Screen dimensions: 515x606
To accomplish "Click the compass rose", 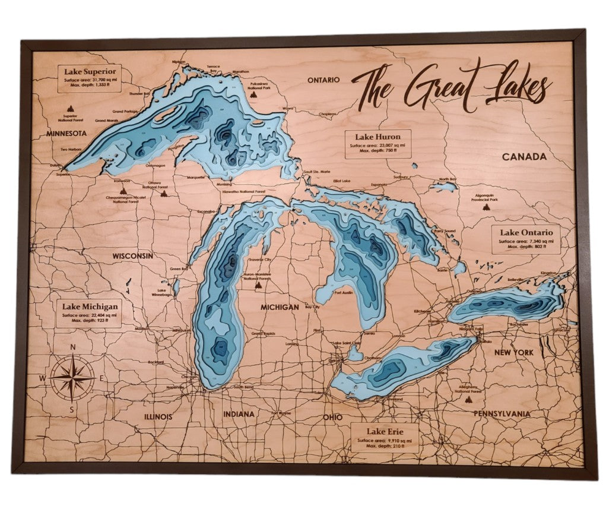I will coord(72,378).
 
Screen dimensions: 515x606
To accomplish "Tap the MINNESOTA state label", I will coord(67,134).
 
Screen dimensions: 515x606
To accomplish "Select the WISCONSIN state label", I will coord(133,256).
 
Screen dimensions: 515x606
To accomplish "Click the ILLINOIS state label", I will coord(158,416).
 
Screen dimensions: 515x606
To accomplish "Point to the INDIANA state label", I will coord(239,414).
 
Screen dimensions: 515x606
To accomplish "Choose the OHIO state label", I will coord(332,418).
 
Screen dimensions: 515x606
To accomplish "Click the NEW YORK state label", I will coord(514,352).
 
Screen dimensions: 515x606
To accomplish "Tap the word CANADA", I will coord(523,157).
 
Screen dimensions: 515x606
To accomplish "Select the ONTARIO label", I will coord(322,80).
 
